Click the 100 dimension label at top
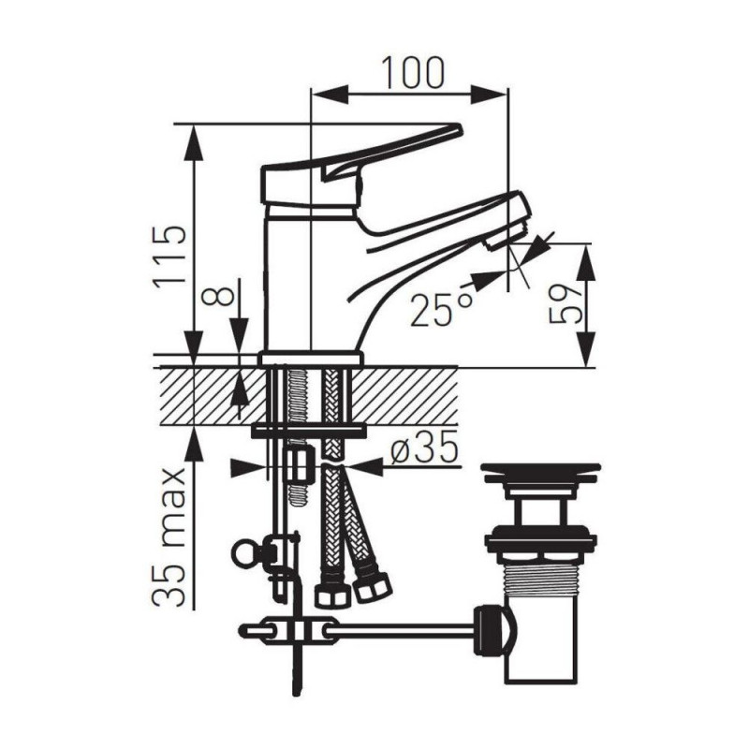pyautogui.click(x=414, y=73)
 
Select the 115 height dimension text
pyautogui.click(x=169, y=256)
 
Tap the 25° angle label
pyautogui.click(x=442, y=309)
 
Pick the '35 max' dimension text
pyautogui.click(x=169, y=536)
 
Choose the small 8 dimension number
pyautogui.click(x=218, y=297)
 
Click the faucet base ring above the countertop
pyautogui.click(x=311, y=359)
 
